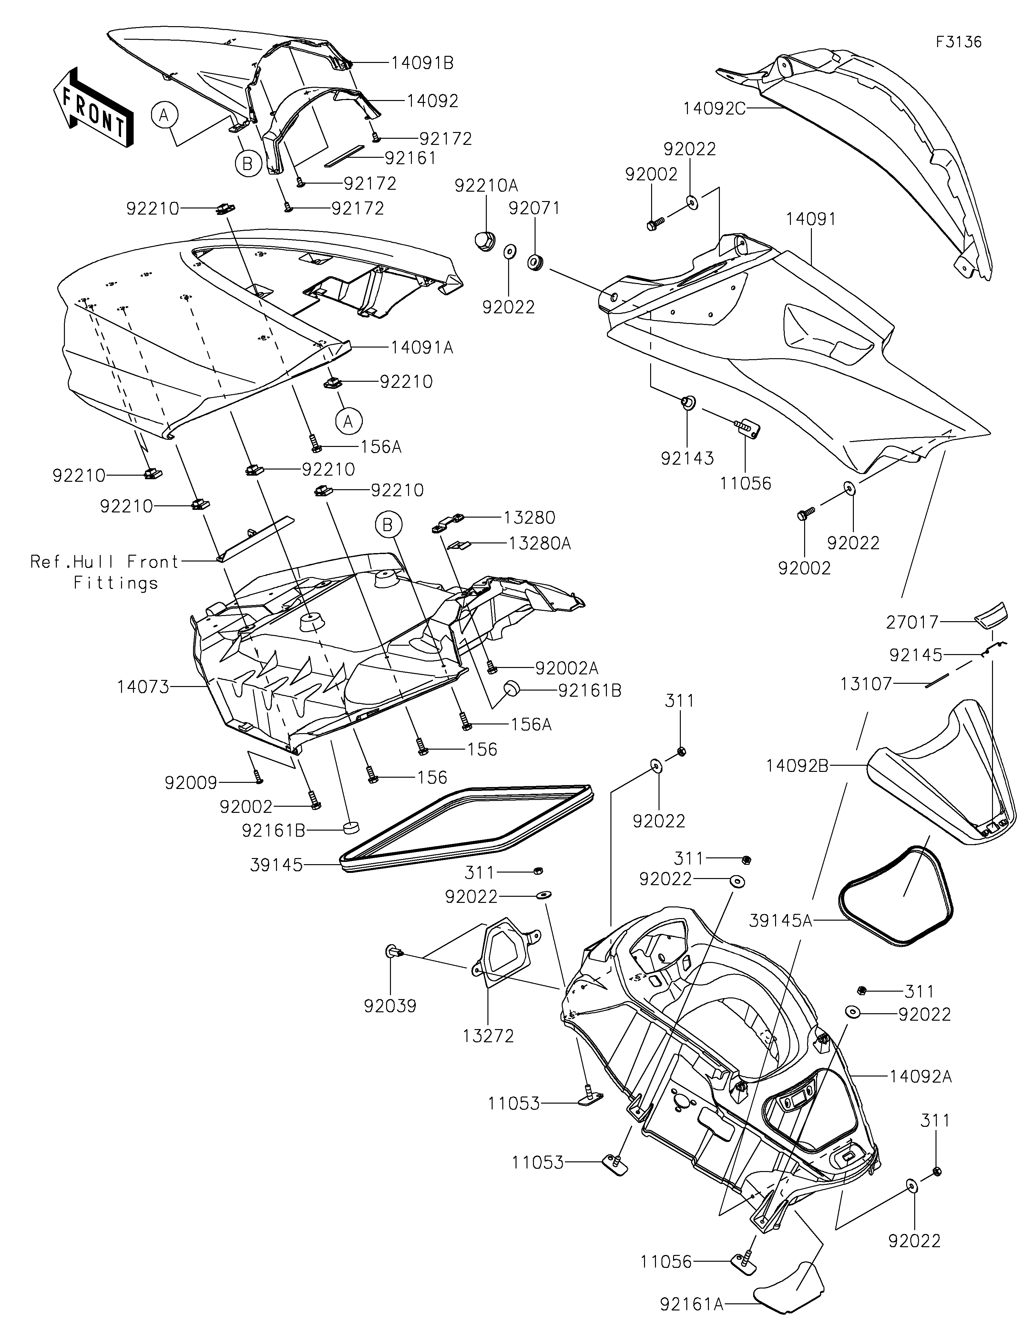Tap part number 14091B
tap(422, 63)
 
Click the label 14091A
tap(422, 348)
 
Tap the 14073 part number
tap(143, 687)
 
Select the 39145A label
tap(781, 937)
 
